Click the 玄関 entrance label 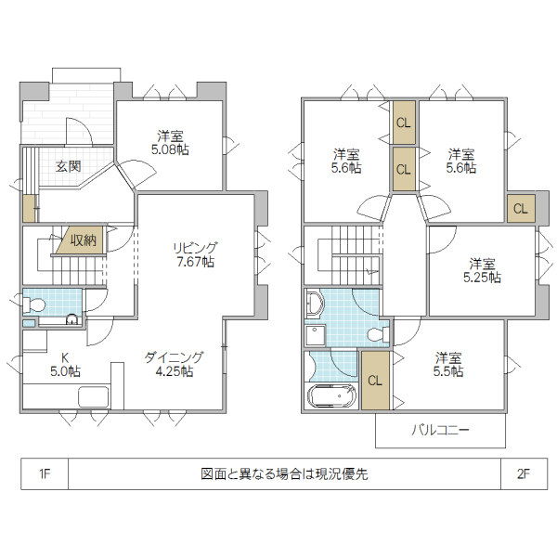67,167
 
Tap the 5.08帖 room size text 172,149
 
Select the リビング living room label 194,248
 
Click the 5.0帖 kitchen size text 65,371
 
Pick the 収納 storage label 83,240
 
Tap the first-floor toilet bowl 34,304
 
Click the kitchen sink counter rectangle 95,397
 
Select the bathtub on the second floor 330,396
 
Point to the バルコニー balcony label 440,431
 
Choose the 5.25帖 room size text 482,277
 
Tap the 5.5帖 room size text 448,371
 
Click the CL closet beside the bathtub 375,381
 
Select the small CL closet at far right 519,208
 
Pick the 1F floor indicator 44,473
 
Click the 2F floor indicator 523,473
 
